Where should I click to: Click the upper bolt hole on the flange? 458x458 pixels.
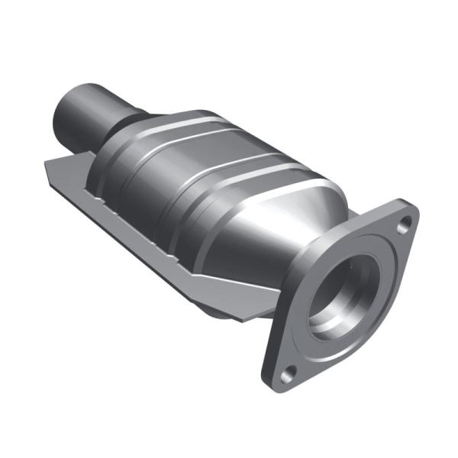point(405,223)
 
